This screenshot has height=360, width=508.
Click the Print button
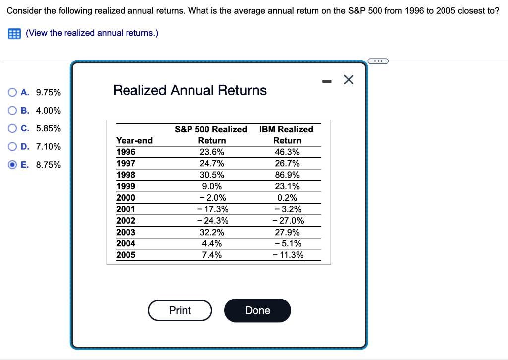tap(180, 310)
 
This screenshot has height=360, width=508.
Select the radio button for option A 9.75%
tap(12, 92)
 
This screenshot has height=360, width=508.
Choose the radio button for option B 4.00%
tap(12, 110)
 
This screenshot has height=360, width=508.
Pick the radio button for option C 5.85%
tap(12, 128)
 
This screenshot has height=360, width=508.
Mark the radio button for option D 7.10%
tap(12, 146)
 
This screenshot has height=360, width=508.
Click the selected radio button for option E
tap(12, 165)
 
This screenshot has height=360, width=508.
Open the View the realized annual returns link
tap(92, 33)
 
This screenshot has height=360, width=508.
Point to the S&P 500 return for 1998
tap(212, 175)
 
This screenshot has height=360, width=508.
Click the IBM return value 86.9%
tap(287, 175)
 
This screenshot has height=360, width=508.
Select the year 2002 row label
tap(126, 221)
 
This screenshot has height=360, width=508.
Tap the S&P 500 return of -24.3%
tap(212, 221)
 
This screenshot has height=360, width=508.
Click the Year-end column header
tap(134, 141)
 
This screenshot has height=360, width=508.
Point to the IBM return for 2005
tap(288, 255)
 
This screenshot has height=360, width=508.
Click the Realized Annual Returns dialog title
tap(190, 90)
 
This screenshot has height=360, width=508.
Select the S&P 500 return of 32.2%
tap(212, 232)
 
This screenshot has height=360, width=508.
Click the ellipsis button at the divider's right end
tap(379, 61)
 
